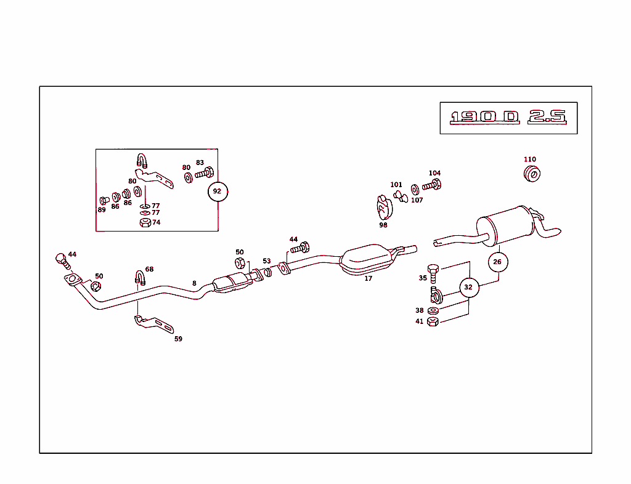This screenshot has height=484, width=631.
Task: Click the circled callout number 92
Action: [217, 192]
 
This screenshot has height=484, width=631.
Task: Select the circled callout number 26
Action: [498, 262]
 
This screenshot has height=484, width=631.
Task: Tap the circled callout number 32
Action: [468, 287]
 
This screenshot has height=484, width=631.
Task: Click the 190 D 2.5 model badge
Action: [508, 117]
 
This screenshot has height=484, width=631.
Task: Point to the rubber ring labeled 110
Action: [531, 174]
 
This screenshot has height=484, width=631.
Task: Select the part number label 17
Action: [368, 278]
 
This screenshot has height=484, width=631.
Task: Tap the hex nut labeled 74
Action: [144, 222]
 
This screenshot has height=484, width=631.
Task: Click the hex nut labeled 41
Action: [433, 321]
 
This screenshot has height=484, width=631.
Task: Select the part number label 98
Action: [383, 225]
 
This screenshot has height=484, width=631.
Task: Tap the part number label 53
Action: [267, 261]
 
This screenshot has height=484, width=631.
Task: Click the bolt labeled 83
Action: [205, 174]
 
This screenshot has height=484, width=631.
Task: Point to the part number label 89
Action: [102, 209]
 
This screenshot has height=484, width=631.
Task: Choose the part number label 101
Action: [396, 185]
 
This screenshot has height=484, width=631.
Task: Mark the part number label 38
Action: [420, 311]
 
